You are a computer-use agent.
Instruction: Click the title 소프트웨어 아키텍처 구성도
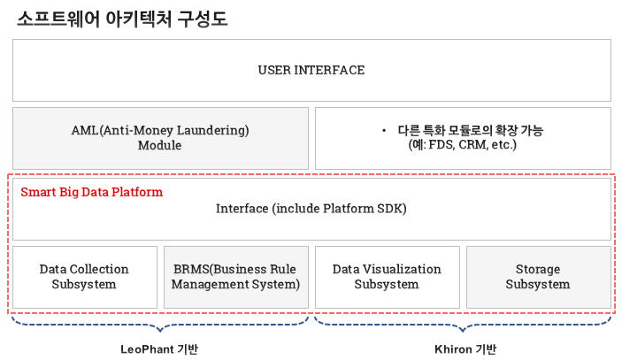tap(122, 19)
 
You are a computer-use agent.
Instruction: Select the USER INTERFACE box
tap(311, 70)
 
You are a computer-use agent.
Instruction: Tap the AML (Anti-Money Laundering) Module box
tap(160, 138)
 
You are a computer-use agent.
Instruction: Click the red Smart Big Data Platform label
tap(92, 192)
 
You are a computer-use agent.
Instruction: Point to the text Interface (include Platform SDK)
tap(311, 209)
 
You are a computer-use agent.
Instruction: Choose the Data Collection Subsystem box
tap(85, 277)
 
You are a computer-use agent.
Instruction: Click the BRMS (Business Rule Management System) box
tap(236, 277)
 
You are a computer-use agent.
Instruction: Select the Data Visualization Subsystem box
tap(388, 277)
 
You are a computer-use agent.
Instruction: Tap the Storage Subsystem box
tap(538, 277)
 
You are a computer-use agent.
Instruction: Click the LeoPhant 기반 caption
tap(159, 349)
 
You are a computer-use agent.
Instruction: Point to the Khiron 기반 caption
tap(465, 349)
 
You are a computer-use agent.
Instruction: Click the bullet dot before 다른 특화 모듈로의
tap(384, 130)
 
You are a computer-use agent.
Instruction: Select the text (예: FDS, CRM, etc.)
tap(463, 145)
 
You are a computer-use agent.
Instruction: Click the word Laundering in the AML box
tap(212, 130)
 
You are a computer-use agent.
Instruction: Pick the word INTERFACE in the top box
tap(329, 70)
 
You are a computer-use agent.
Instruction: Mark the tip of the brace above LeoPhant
tap(160, 331)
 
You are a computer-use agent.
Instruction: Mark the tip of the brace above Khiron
tap(463, 331)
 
